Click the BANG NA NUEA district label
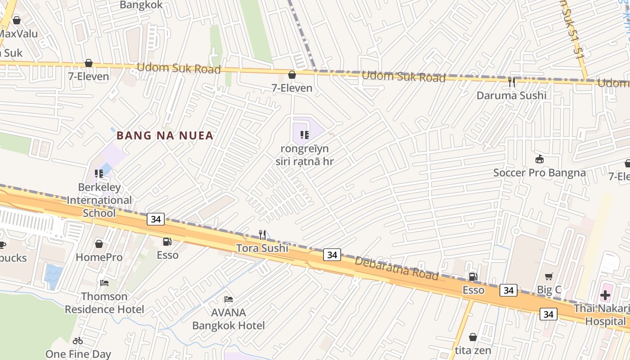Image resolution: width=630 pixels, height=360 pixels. [x=165, y=135]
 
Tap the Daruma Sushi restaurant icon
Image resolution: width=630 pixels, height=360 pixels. [x=511, y=82]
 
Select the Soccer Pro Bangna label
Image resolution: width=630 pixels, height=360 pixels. [x=539, y=173]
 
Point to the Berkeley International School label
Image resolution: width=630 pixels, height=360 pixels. [x=99, y=200]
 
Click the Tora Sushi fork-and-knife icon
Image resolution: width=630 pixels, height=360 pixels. [x=262, y=234]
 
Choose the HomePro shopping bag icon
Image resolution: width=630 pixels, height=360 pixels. [x=99, y=244]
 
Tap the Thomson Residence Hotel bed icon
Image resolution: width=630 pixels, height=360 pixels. [x=104, y=283]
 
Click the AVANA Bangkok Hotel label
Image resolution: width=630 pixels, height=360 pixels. [x=229, y=319]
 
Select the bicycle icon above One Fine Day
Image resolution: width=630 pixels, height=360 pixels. [x=78, y=341]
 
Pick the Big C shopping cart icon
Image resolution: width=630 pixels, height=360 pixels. [x=549, y=277]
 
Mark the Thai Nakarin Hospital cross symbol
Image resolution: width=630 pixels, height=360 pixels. [x=605, y=296]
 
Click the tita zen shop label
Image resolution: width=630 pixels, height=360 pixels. [x=473, y=350]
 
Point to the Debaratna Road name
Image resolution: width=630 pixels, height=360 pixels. [x=396, y=268]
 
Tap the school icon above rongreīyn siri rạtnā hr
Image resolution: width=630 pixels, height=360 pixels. [x=305, y=135]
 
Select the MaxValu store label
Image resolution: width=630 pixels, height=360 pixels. [x=18, y=34]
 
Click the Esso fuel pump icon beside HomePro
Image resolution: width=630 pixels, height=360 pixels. [x=167, y=242]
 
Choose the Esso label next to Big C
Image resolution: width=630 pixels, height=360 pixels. [x=473, y=290]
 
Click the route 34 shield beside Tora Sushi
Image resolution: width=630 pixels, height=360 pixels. [x=332, y=255]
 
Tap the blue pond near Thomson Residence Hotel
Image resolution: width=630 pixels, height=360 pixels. [x=53, y=275]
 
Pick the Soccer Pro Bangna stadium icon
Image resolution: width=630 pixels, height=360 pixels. [x=539, y=159]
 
